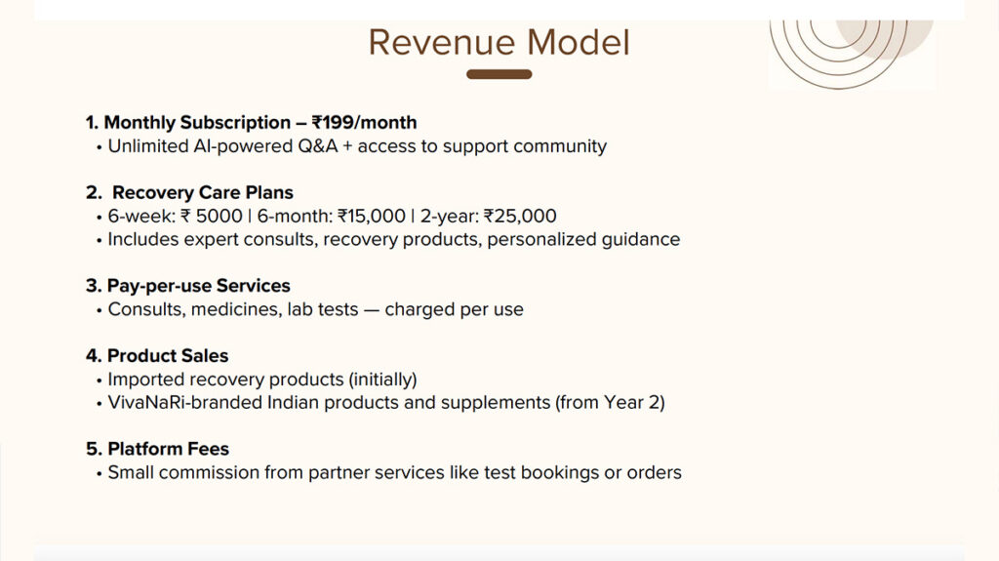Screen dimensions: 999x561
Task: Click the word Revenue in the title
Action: (x=442, y=43)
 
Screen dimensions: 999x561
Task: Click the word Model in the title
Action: (x=579, y=43)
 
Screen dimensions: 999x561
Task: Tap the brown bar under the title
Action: (x=499, y=74)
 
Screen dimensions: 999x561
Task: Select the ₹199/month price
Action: (x=365, y=122)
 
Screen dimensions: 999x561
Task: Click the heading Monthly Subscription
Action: (x=197, y=122)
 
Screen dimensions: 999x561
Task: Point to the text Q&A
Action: (x=318, y=146)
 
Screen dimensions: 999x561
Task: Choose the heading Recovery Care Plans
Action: (x=203, y=192)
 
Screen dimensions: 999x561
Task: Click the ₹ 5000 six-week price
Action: (x=212, y=217)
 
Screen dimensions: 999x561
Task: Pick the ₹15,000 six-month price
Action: (x=372, y=217)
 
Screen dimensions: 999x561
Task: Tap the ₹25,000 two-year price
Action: (x=520, y=217)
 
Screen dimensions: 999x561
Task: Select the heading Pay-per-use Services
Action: (x=199, y=286)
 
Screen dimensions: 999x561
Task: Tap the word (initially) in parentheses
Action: (x=382, y=380)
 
